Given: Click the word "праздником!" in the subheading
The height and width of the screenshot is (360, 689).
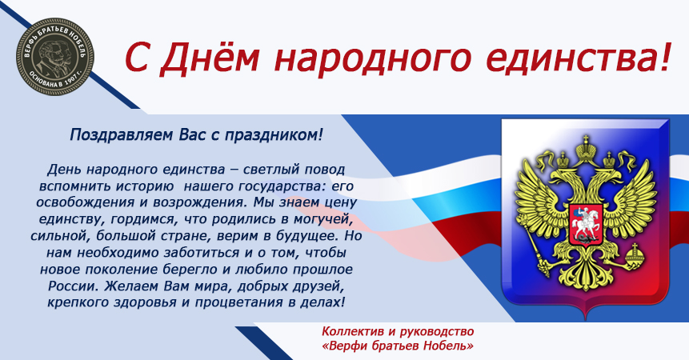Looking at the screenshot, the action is pos(274,135).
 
